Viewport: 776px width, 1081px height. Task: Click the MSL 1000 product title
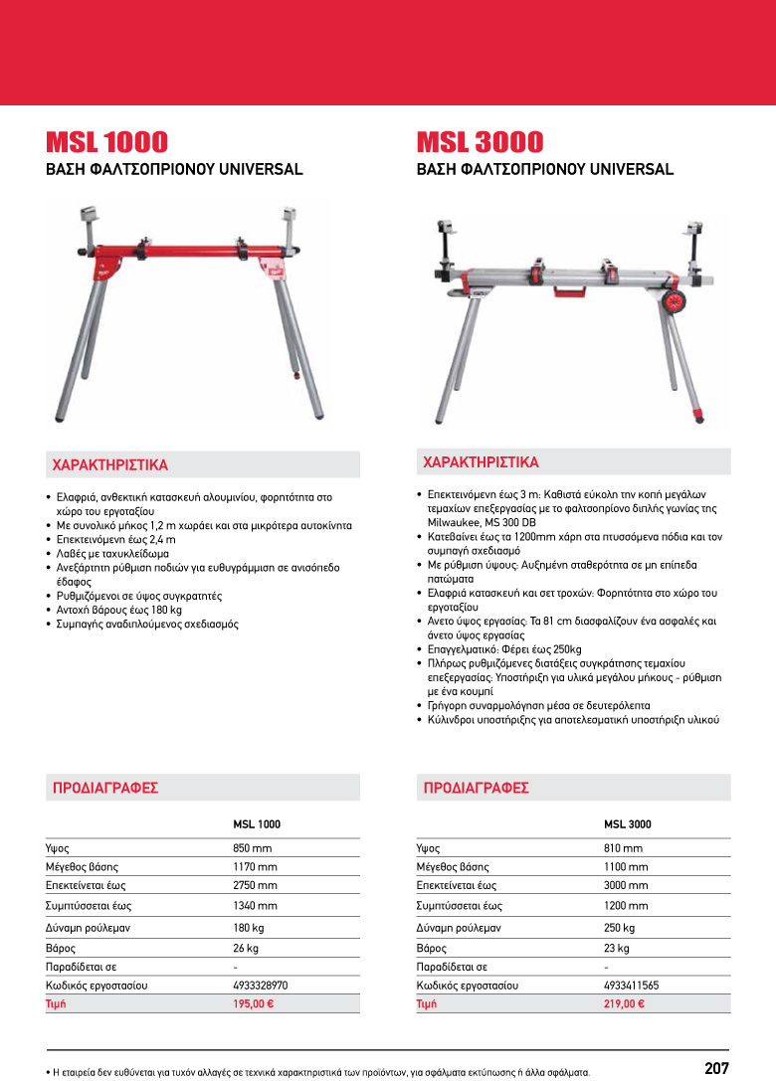107,142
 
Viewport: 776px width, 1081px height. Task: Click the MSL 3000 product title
480,142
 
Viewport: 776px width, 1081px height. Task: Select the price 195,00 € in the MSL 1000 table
253,1004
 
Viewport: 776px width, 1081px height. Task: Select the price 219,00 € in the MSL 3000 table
624,1004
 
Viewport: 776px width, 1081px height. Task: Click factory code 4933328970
261,986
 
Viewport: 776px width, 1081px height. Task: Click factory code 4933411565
631,986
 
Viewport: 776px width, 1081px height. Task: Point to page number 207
716,1068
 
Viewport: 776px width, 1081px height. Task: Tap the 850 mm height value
253,848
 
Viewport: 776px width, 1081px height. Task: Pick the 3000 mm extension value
626,885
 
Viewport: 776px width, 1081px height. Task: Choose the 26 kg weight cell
246,949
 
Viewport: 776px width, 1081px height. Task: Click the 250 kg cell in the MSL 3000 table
619,928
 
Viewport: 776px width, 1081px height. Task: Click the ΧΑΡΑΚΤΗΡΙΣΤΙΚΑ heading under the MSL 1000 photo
110,464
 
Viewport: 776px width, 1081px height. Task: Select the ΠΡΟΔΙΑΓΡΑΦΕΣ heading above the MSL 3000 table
476,788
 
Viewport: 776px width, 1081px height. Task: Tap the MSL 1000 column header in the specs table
257,824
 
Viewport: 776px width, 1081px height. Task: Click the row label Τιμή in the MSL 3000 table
427,1004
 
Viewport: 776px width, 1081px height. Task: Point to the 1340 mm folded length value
255,906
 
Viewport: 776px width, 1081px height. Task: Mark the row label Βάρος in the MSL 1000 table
61,949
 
